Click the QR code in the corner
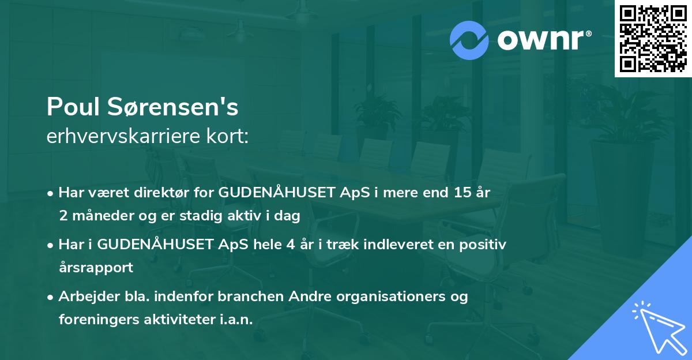653,39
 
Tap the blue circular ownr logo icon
469,40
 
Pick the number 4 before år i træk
281,245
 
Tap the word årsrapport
96,268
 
